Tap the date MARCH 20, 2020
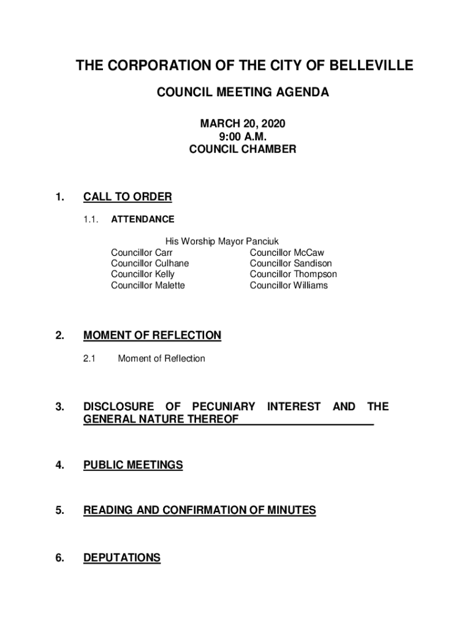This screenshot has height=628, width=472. pos(242,124)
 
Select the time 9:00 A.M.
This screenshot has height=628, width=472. pos(242,136)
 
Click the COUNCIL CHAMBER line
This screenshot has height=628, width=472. pos(242,149)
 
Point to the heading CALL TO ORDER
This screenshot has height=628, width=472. pos(128,197)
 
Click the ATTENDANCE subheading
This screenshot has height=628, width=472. pos(142,219)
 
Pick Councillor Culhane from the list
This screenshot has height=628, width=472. pos(150,264)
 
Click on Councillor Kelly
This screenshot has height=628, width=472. pos(142,275)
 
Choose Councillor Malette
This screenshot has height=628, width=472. pos(148,286)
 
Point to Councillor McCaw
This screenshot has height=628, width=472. pos(287,253)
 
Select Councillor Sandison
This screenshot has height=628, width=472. pos(291,264)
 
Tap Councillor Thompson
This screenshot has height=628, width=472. pos(293,275)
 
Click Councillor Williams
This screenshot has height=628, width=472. pos(289,286)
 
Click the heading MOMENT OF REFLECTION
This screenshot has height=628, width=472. pos(152,335)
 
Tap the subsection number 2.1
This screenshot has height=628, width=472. pos(89,359)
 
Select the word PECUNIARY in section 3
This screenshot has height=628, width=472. pos(224,407)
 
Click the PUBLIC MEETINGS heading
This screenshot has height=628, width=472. pos(133,465)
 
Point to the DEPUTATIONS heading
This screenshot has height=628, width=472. pos(121,558)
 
